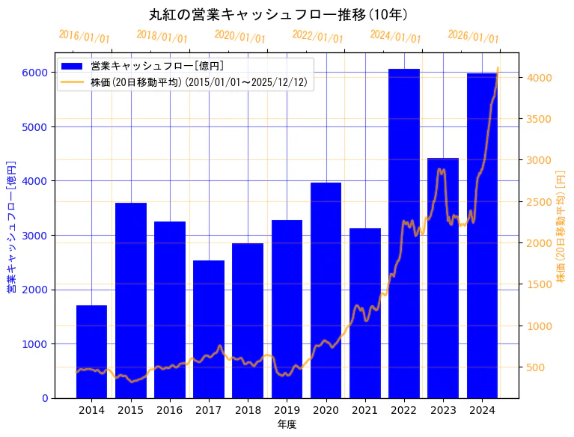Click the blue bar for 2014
click(91, 352)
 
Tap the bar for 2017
click(209, 329)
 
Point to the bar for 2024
click(482, 236)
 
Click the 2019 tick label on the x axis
click(287, 410)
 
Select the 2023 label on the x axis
click(443, 410)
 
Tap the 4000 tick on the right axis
click(538, 78)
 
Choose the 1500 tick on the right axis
click(538, 285)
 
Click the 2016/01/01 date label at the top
click(84, 37)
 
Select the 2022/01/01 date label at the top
click(317, 37)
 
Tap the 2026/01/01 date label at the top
click(473, 37)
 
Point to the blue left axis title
click(11, 225)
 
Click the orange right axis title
click(561, 225)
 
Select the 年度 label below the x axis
click(287, 424)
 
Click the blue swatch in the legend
click(73, 66)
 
